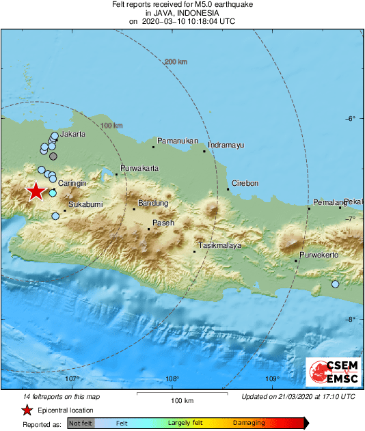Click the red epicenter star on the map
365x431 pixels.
point(35,191)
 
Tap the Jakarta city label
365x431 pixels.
point(73,135)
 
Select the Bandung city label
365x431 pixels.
point(152,203)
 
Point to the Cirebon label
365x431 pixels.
point(245,184)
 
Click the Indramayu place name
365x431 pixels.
point(226,145)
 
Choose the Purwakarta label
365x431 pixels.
point(139,168)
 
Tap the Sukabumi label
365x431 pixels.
point(85,204)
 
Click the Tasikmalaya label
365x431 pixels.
point(219,245)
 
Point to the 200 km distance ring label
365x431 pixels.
point(176,62)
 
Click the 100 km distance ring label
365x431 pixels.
point(111,126)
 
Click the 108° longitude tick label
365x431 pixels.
point(172,379)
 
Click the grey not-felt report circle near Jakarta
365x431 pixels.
point(53,156)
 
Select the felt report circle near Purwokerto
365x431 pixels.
point(335,284)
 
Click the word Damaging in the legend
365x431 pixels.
point(249,423)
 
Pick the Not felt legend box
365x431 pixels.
point(80,423)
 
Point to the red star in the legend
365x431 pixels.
point(27,411)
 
